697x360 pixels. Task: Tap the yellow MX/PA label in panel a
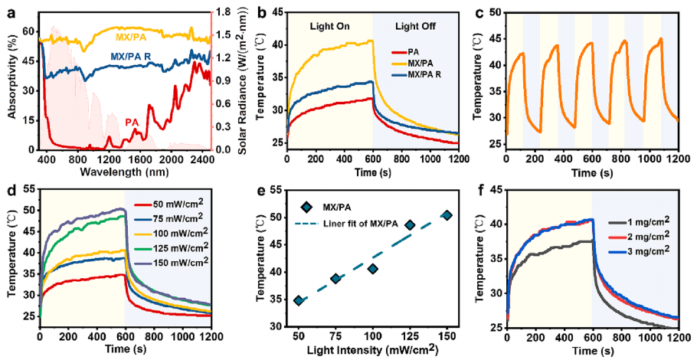[x=132, y=38]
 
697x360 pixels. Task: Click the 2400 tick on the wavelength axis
[x=202, y=159]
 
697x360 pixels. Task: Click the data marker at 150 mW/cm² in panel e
[x=447, y=215]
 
